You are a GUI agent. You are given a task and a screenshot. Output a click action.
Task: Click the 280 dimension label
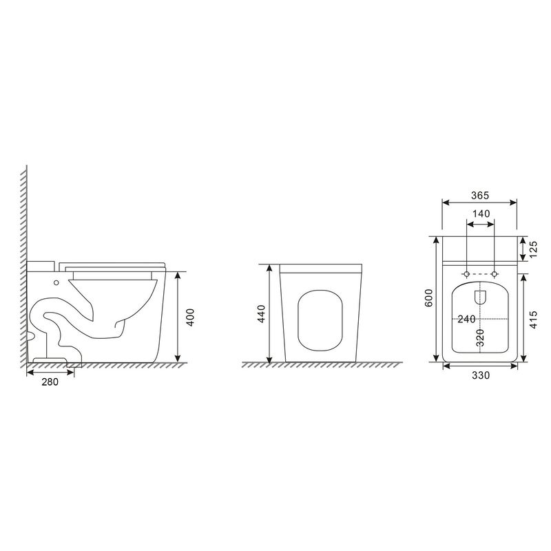coord(50,382)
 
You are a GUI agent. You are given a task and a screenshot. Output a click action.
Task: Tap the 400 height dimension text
coord(190,318)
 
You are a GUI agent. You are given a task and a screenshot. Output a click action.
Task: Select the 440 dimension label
coord(262,314)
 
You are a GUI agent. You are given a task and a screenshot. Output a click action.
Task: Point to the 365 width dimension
coord(480,196)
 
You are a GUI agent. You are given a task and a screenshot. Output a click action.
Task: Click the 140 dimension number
coord(481,214)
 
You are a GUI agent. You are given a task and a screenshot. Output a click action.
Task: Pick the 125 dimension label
coord(533,249)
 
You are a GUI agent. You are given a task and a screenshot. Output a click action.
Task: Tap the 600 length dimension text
coord(429,298)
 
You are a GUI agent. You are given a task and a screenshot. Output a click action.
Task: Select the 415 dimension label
coord(533,320)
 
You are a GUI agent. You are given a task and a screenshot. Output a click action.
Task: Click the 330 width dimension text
coord(481,375)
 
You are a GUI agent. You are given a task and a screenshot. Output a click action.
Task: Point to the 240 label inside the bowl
coord(467,319)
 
